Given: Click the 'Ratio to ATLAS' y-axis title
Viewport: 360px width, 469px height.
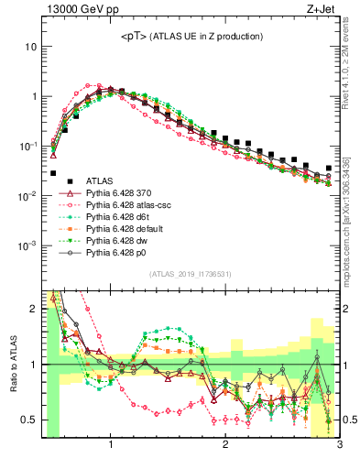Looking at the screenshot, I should [11, 365].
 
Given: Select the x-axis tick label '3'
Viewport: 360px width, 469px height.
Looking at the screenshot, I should [339, 447].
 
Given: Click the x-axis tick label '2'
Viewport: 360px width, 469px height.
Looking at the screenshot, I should [224, 447].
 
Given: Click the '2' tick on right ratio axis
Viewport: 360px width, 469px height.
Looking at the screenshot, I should [346, 309].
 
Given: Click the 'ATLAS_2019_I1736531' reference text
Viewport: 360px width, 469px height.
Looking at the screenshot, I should [190, 275].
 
